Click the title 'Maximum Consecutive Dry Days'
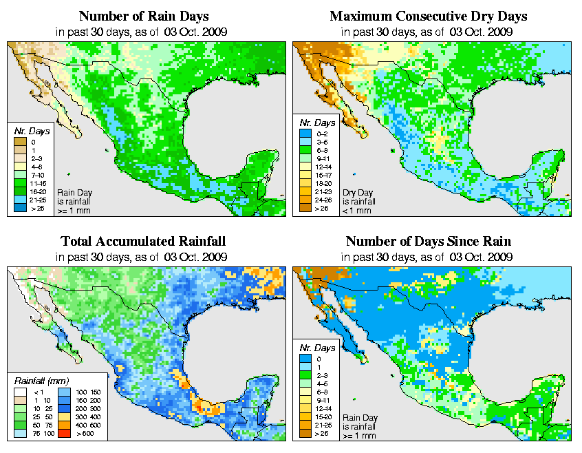(x=428, y=16)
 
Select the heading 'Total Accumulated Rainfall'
(x=142, y=242)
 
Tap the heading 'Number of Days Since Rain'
(x=428, y=242)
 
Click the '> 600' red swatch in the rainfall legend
(x=64, y=434)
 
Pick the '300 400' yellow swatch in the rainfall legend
(x=64, y=416)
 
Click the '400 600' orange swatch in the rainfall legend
(x=64, y=425)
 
